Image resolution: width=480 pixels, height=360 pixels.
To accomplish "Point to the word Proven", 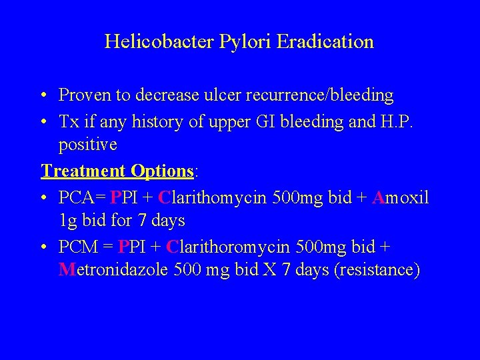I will [85, 95].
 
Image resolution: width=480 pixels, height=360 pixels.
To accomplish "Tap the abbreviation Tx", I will [68, 122].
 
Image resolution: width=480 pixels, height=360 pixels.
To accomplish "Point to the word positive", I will [87, 145].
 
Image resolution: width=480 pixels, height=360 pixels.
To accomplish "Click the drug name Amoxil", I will [400, 198].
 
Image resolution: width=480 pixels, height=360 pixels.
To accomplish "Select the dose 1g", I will [67, 221].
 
